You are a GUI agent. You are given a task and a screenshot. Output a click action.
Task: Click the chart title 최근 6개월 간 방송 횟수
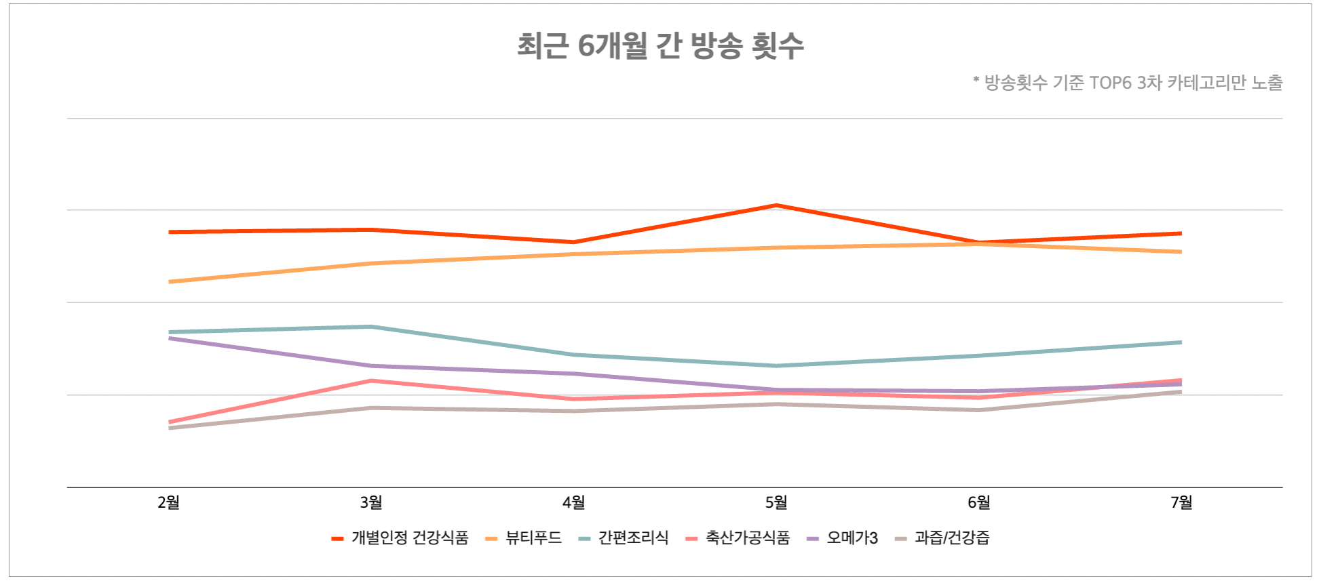660,46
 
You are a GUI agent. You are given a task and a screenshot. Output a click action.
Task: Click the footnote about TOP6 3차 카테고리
1127,83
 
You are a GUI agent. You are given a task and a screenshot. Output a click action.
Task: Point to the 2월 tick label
169,502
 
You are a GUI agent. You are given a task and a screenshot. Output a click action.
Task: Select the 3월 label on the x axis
371,502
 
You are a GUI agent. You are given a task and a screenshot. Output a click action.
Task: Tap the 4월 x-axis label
574,502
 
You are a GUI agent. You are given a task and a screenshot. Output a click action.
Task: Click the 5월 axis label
776,502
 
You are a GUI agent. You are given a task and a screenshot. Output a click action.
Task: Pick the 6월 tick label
979,502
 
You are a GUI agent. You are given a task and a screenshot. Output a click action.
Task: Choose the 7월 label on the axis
1181,502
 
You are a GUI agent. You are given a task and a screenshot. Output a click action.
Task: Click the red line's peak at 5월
776,205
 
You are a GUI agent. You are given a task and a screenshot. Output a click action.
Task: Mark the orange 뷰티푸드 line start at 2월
170,281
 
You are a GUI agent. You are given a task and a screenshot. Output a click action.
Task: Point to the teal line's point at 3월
371,327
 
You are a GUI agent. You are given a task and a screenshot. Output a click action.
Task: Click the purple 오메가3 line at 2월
170,338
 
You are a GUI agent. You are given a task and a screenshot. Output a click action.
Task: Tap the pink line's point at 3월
371,381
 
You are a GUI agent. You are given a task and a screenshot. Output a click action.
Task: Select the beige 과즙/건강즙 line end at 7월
1181,392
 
